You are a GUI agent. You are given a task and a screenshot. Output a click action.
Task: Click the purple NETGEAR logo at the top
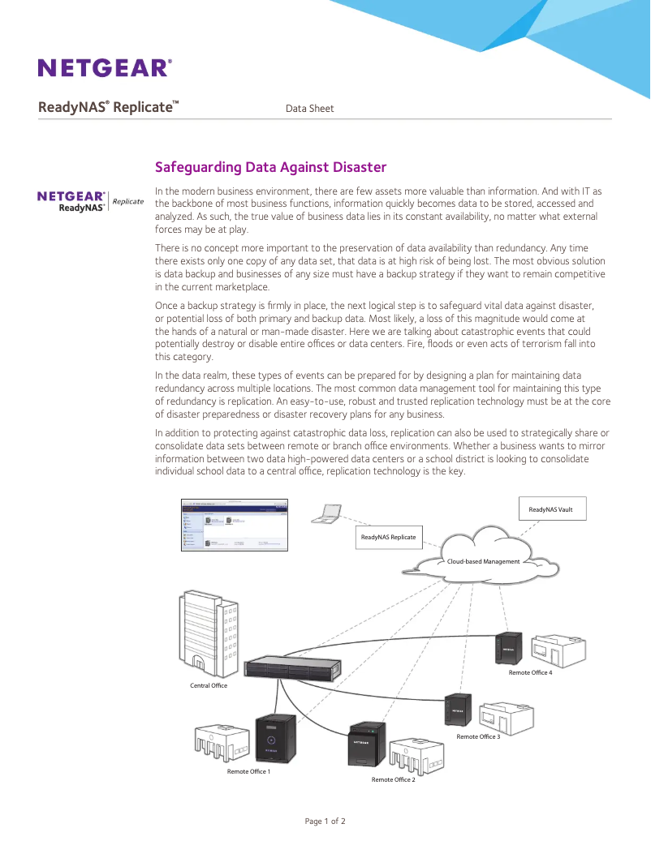104,67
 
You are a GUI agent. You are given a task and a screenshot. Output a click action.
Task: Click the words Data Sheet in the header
309,108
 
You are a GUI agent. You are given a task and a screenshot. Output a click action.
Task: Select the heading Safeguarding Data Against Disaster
270,167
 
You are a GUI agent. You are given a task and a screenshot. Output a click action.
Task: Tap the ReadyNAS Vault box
550,509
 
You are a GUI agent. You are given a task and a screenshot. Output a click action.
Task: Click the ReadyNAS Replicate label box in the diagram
388,537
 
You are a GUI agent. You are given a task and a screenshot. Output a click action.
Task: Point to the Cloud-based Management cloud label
483,561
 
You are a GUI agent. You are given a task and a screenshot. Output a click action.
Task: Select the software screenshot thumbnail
235,525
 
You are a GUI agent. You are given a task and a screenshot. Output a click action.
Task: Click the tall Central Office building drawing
208,633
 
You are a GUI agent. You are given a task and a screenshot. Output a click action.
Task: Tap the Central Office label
209,685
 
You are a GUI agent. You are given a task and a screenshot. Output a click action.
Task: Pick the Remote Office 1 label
248,771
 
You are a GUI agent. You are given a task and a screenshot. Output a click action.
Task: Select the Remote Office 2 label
393,779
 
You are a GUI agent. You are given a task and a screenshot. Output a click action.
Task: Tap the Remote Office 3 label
478,736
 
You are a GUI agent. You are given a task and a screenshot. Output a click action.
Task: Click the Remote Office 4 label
530,672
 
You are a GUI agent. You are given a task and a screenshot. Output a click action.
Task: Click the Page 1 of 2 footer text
325,821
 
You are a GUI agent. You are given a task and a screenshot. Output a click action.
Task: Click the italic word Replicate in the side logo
128,201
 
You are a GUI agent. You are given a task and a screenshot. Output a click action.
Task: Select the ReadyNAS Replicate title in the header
108,107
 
